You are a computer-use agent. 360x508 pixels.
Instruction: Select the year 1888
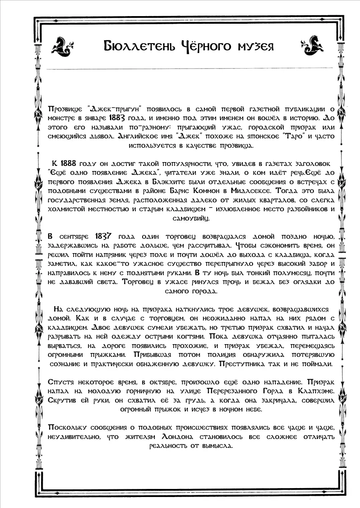(68, 163)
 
